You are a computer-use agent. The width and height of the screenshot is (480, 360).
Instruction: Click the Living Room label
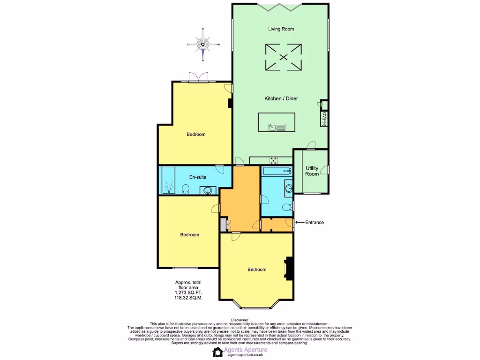coord(281,29)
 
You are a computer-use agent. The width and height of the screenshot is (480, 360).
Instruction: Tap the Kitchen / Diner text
coord(281,98)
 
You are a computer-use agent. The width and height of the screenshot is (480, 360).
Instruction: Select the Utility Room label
coord(312,171)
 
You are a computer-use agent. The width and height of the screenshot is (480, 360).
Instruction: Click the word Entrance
coord(315,222)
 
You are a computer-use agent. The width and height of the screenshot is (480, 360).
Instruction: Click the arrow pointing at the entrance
coord(299,222)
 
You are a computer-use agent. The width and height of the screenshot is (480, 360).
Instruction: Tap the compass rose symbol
coord(202,45)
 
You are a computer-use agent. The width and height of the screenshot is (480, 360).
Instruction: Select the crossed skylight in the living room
coord(283,57)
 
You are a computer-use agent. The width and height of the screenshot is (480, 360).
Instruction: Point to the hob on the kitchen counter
coord(273,160)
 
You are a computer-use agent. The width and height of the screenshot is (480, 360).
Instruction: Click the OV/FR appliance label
coord(324,119)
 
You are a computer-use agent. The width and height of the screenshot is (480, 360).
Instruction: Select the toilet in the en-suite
coord(185,189)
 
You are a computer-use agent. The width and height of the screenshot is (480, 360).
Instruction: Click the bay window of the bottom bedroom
coord(256,307)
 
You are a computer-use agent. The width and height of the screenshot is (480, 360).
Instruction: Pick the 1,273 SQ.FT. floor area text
coord(188,293)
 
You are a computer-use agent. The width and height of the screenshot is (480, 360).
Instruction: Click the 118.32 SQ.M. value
coord(188,298)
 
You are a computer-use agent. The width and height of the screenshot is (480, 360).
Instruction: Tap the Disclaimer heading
coord(240,320)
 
